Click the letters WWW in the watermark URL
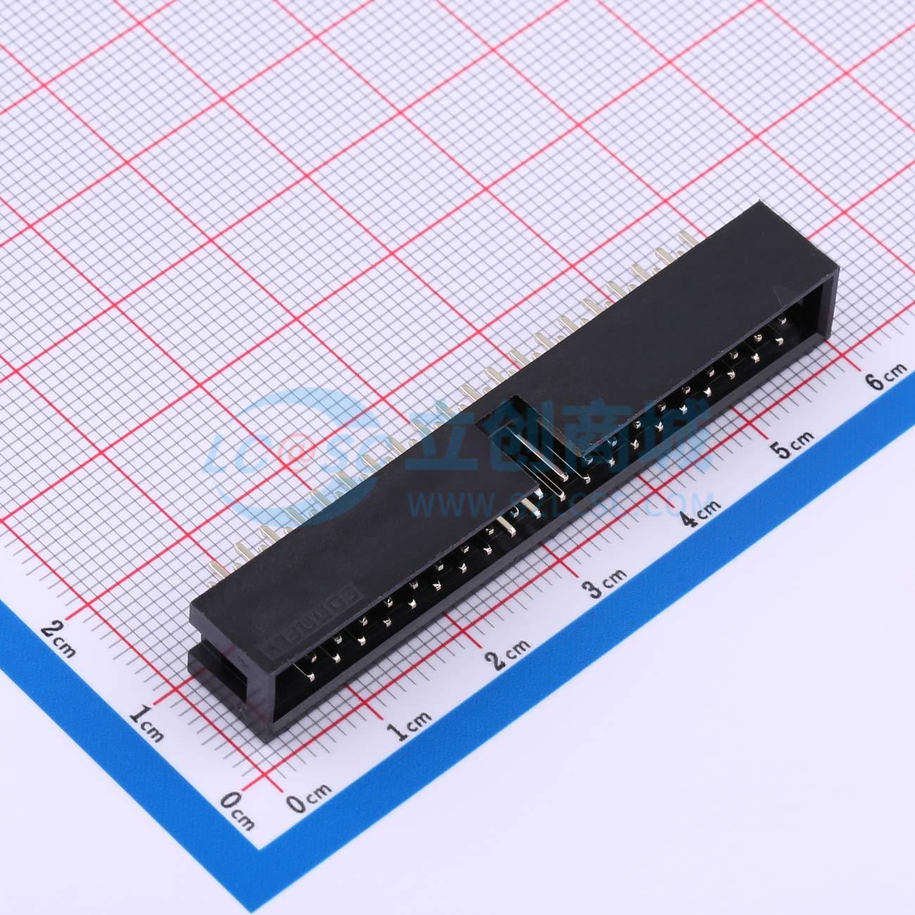pos(454,504)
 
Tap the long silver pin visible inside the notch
pos(550,465)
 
